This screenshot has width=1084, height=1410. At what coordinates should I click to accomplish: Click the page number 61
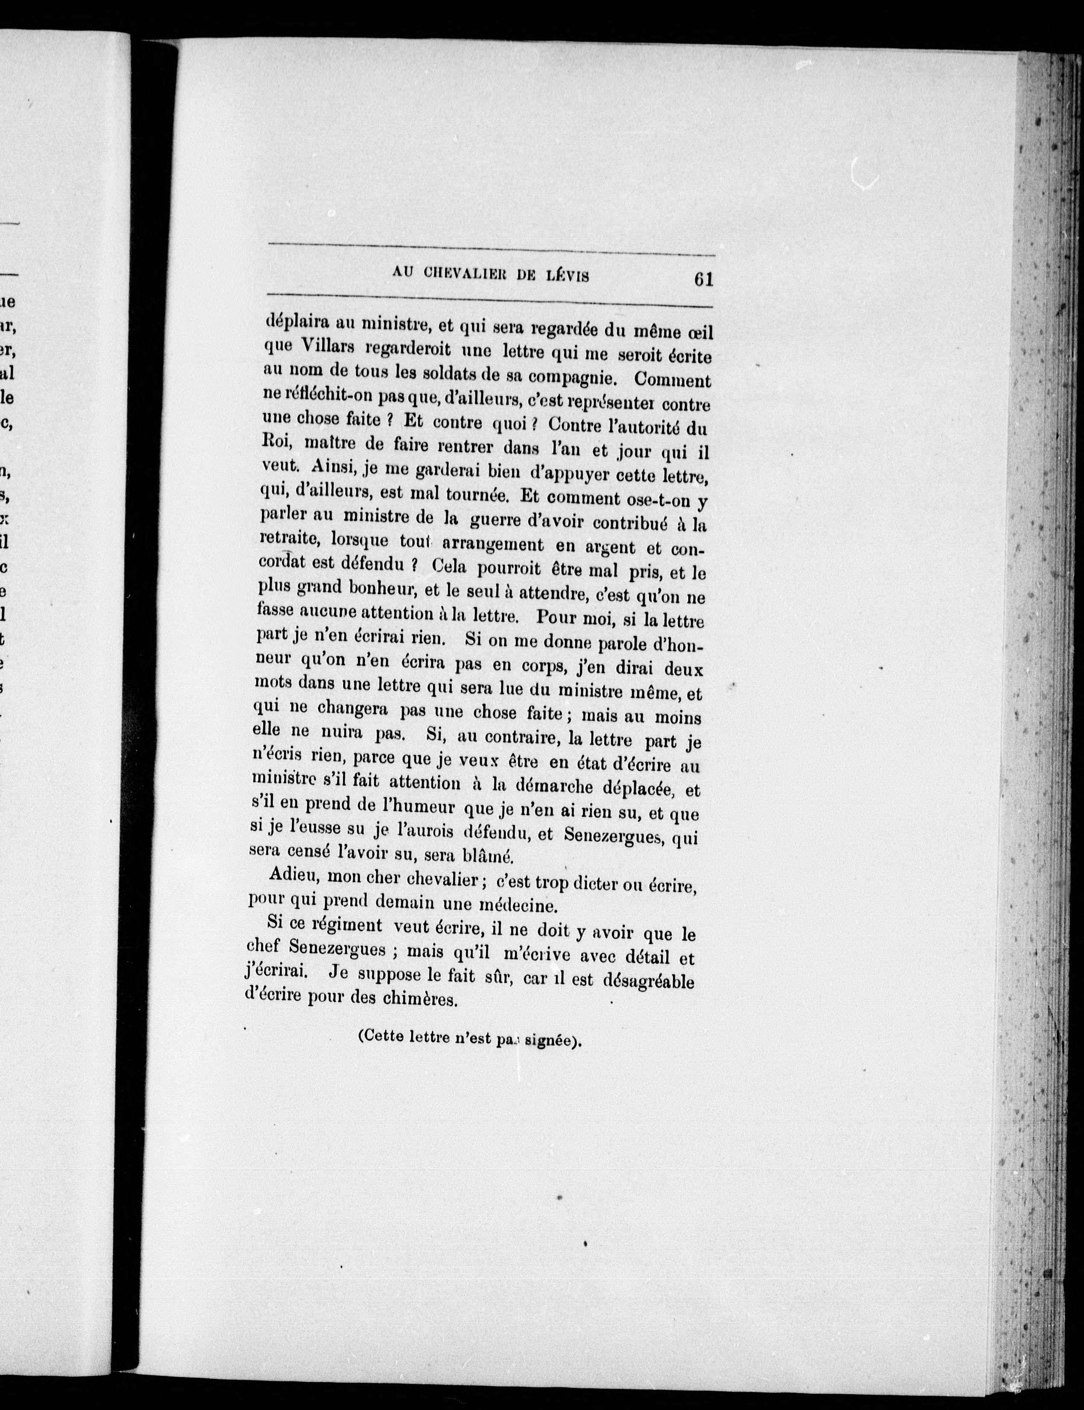pos(702,280)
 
